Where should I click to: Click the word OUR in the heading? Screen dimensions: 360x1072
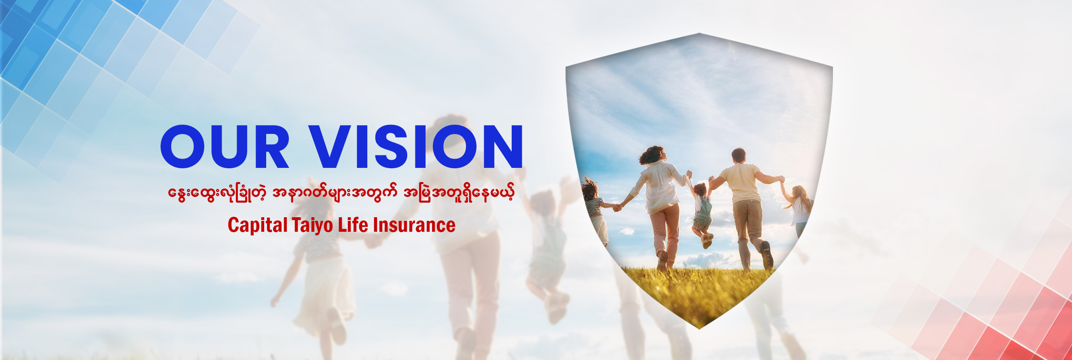coord(225,146)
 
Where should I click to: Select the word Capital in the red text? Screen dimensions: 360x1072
coord(257,225)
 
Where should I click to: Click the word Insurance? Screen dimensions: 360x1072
coord(414,225)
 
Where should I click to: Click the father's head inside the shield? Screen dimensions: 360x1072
coord(738,155)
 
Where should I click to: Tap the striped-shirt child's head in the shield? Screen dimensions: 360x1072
coord(590,189)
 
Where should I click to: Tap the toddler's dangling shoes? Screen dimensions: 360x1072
coord(707,240)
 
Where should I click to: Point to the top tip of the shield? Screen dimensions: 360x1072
coord(699,34)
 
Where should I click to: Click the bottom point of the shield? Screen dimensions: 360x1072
coord(699,328)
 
